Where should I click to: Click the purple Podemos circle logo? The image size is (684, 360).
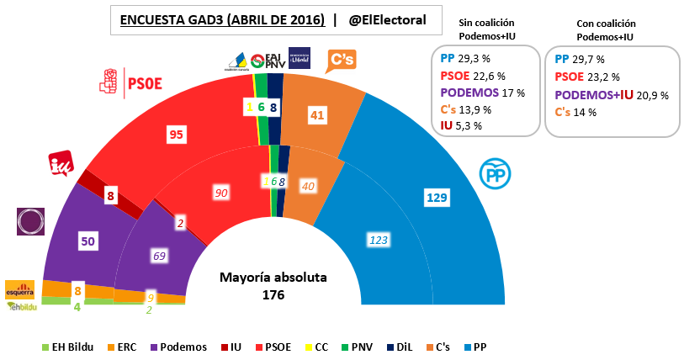pos(31,221)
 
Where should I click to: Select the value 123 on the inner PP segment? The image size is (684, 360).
pos(377,241)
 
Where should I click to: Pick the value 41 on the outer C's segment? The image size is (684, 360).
pos(317,115)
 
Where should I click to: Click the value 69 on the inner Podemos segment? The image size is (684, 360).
pos(157,253)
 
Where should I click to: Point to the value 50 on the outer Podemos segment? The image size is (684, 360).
pos(87,241)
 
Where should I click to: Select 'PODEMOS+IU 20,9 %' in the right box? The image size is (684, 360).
pos(612,95)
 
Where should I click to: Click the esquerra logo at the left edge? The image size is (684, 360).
pos(19,289)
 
